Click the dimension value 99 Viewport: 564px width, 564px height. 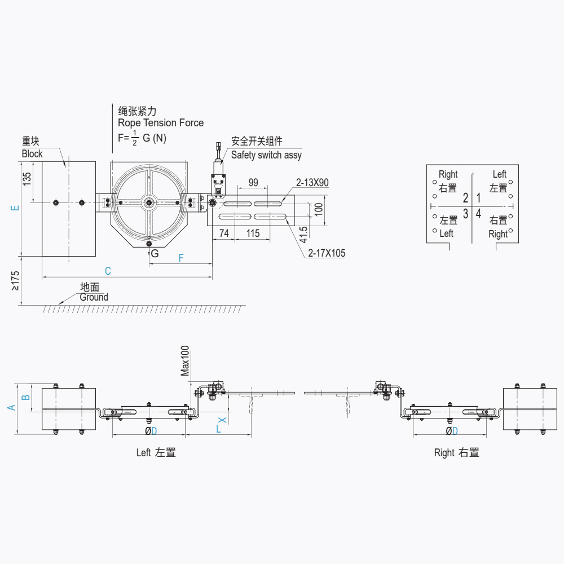coord(253,182)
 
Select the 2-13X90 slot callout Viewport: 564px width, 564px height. coord(312,182)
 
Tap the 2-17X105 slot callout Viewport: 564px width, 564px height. coord(327,253)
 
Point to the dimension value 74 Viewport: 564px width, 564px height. coord(224,233)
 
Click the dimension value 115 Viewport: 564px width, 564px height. coord(253,233)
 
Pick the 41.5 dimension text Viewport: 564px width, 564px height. coord(303,235)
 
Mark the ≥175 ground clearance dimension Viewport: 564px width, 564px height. coord(15,280)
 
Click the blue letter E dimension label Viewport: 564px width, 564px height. coord(15,208)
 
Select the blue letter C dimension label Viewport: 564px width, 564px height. coord(108,271)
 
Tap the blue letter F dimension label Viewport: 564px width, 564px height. coord(181,258)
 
